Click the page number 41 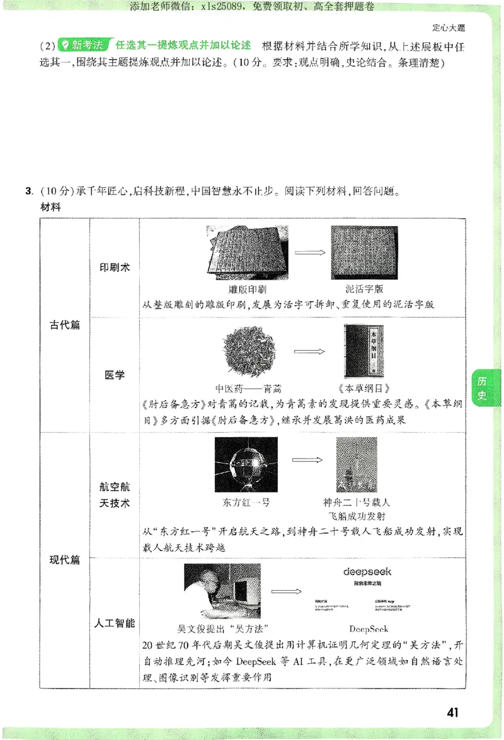(x=452, y=712)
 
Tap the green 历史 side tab (x=482, y=389)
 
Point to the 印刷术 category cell (x=115, y=267)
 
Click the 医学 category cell (x=115, y=375)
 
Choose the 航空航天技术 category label (x=115, y=495)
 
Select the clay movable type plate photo (x=364, y=253)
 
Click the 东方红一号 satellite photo (x=246, y=465)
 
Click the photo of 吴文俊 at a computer (x=222, y=591)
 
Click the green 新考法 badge (x=83, y=45)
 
